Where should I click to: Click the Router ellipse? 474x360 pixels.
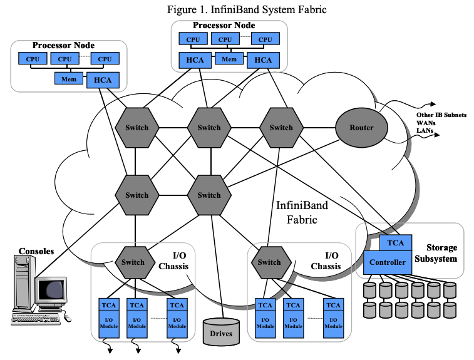point(361,128)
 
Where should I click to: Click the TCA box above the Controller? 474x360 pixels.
point(396,242)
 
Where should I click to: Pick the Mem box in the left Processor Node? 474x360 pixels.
point(68,79)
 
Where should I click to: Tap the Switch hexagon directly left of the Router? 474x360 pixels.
point(281,128)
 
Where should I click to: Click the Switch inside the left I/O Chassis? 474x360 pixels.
point(133,262)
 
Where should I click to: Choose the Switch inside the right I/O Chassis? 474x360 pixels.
point(269,262)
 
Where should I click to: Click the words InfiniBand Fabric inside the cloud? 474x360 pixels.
point(302,212)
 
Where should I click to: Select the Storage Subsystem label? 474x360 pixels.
point(441,253)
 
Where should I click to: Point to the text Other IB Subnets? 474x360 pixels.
point(441,116)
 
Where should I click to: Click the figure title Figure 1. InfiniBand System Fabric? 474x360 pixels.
point(238,9)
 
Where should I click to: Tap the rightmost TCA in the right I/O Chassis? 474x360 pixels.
point(334,305)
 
